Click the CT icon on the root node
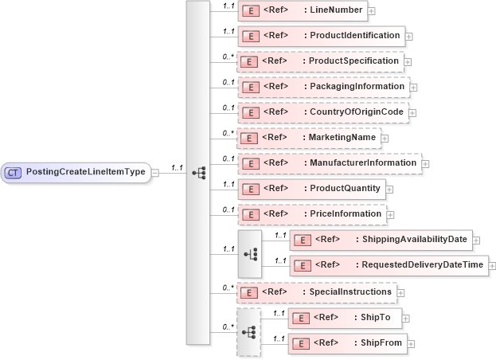tap(14, 172)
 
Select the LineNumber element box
tap(302, 11)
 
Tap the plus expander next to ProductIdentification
tap(408, 36)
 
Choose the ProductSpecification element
tap(319, 61)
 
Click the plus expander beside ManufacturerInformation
tap(425, 164)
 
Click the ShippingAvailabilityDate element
tap(382, 240)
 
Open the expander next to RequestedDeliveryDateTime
tap(493, 266)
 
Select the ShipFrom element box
tap(348, 343)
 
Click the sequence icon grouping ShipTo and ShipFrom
tap(248, 331)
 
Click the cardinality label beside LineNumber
tap(228, 6)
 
